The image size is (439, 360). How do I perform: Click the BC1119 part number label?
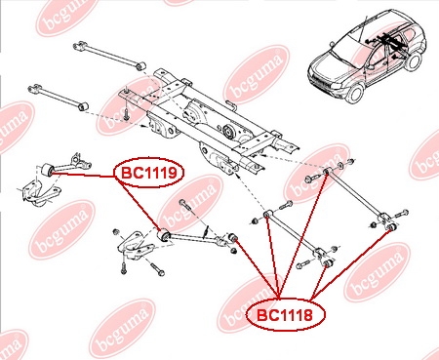pos(149,173)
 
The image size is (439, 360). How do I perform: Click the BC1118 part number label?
pos(285,314)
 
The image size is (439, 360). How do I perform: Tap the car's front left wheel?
pos(355,93)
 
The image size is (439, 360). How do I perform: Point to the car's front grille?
pos(319,80)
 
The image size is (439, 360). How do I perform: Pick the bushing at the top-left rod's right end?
pos(141,66)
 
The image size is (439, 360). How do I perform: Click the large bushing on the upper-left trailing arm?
pos(47,170)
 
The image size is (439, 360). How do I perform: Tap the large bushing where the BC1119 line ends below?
pos(163,235)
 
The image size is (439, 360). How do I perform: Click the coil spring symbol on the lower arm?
pos(206,232)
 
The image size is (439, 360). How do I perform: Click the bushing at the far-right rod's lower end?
pos(391,226)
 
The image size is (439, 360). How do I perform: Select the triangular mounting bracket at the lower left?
pos(136,248)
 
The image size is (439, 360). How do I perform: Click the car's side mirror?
pos(370,67)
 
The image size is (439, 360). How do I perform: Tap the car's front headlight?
pos(337,86)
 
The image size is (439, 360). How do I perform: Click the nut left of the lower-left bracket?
pos(115,232)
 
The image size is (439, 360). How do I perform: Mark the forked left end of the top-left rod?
pos(80,46)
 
